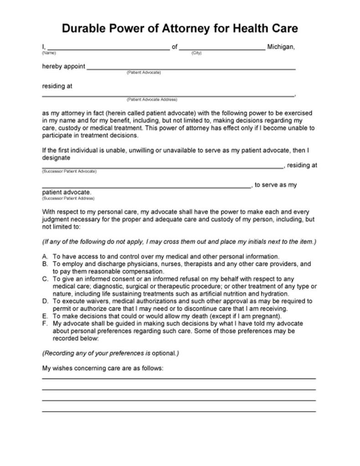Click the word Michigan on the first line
pos(281,46)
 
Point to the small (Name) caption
pos(49,53)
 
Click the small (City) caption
pos(196,53)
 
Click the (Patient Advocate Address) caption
pos(152,99)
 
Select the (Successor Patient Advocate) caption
pos(69,171)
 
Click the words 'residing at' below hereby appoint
pos(57,86)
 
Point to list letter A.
pos(45,256)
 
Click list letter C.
pos(45,279)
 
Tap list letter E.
pos(45,316)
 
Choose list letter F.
pos(45,323)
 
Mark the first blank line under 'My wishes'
pos(179,378)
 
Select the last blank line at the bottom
pos(179,411)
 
